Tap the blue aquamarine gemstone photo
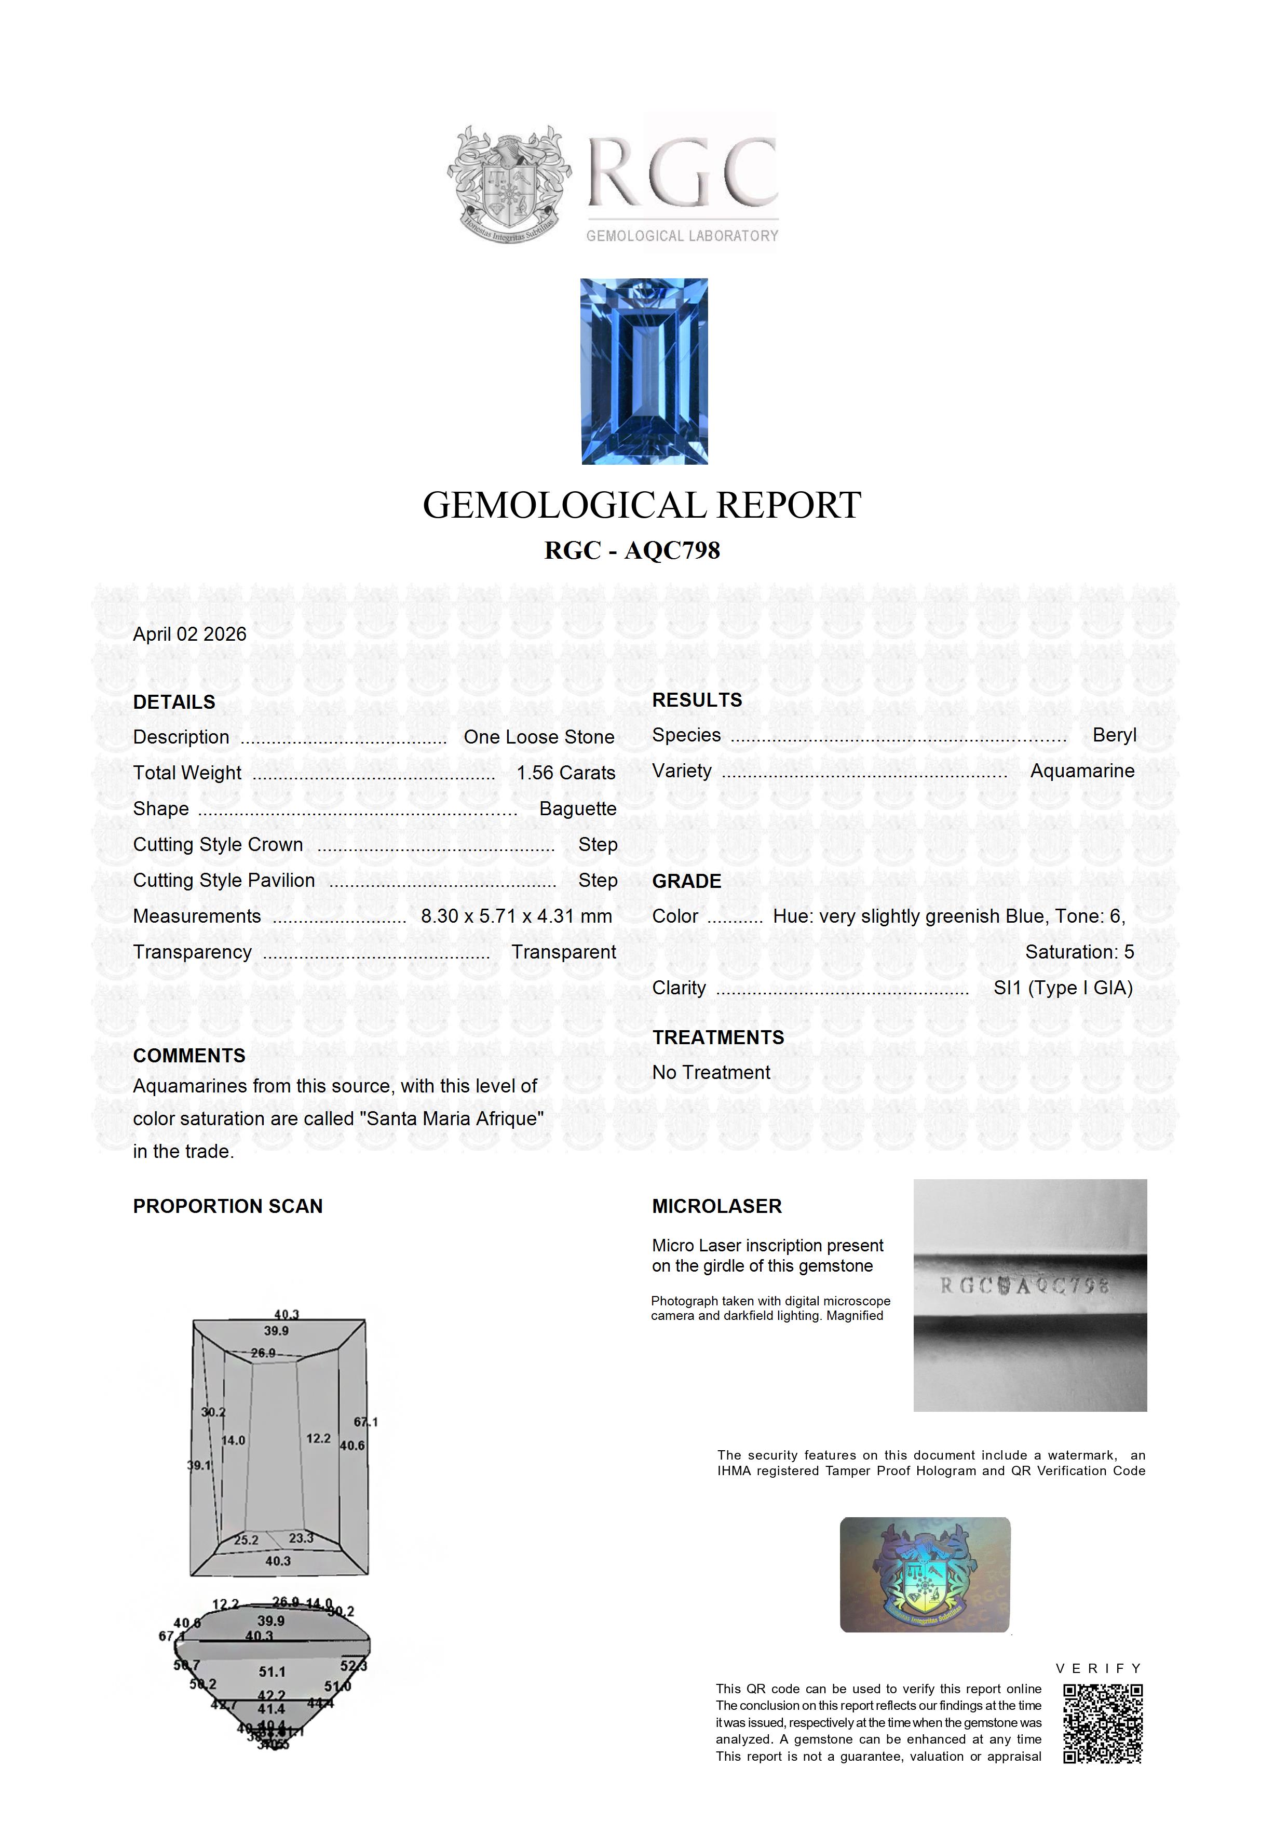(644, 371)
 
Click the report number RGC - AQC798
(632, 551)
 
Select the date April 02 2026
(189, 634)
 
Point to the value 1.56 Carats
(566, 773)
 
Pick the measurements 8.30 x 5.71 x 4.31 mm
(517, 916)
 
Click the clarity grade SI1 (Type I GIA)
(1063, 988)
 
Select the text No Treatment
(711, 1072)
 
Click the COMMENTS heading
(189, 1056)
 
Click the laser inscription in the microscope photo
(1024, 1286)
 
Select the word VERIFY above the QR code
(1099, 1668)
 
